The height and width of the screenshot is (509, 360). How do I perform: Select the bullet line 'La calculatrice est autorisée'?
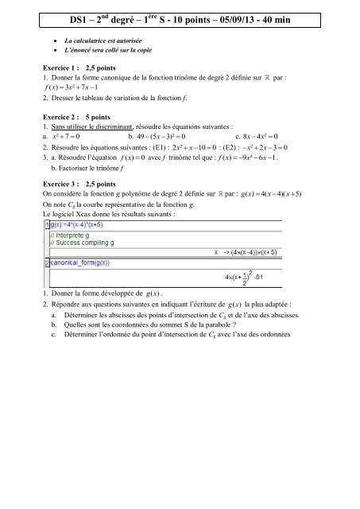tap(106, 38)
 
